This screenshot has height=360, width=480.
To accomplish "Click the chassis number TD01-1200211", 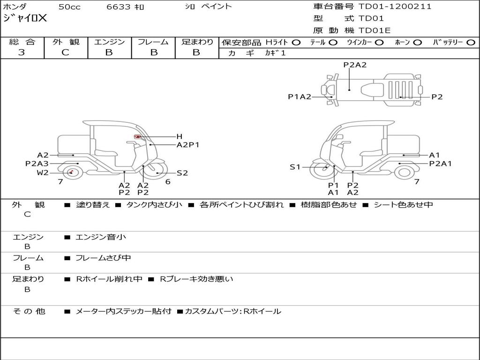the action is (395, 7).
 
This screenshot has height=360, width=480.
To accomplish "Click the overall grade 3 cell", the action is (22, 52).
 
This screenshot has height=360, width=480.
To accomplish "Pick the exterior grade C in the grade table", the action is (65, 52).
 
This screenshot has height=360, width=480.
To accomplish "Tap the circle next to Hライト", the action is (296, 42).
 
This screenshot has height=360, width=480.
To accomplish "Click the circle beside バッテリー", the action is (471, 42).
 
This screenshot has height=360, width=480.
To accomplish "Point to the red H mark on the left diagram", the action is (138, 136).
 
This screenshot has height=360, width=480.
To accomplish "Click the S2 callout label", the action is (182, 173).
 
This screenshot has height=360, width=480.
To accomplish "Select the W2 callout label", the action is (43, 173).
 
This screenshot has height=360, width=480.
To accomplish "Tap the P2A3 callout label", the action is (37, 164).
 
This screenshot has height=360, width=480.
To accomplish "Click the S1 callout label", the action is (295, 167).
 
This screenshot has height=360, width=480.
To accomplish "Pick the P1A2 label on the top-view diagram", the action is (300, 97).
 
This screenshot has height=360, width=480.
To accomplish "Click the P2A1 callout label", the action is (441, 164).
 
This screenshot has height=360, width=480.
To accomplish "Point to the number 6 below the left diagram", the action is (168, 182).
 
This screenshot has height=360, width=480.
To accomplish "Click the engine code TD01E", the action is (375, 31).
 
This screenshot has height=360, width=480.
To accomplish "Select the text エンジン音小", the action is (101, 237).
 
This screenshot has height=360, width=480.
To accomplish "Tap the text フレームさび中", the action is (103, 258).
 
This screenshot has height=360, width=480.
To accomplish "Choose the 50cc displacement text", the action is (69, 7).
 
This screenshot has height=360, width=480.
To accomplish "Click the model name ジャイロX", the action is (25, 18).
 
